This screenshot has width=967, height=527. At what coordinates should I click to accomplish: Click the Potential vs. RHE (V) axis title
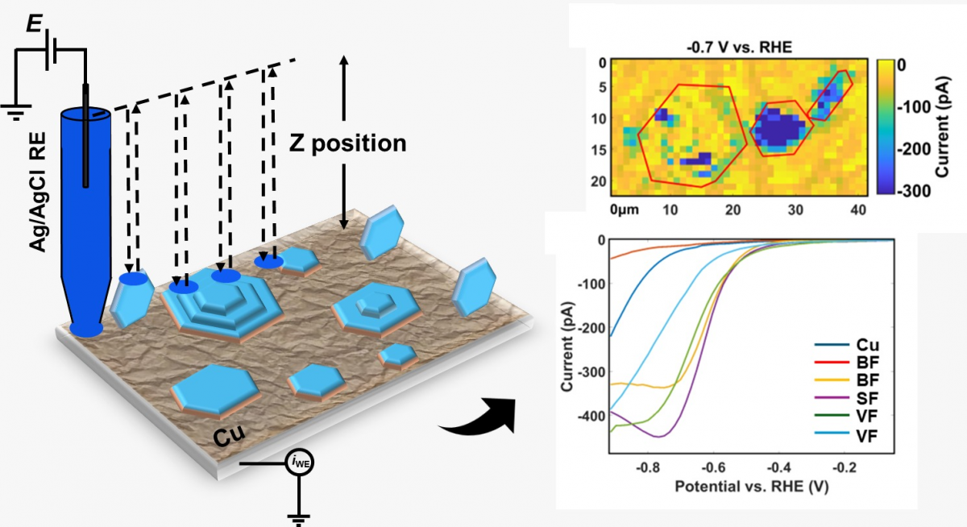coord(749,488)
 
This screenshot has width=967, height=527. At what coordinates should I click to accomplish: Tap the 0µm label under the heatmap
coord(624,210)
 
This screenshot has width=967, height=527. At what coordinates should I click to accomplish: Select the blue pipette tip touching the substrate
coord(85,329)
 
